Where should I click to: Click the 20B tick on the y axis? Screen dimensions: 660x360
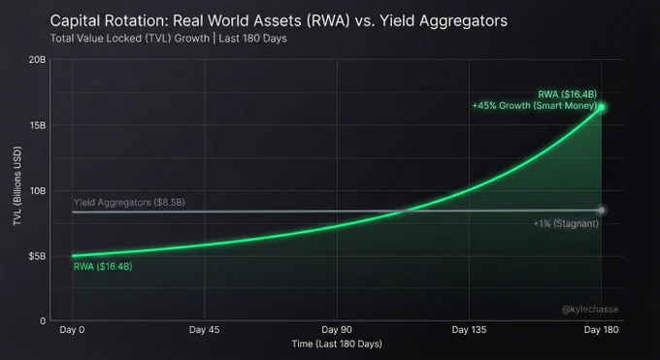coord(37,60)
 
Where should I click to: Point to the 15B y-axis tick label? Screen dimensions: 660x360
coord(38,126)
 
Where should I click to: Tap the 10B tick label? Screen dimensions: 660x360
coord(38,191)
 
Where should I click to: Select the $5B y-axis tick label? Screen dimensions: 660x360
coord(37,256)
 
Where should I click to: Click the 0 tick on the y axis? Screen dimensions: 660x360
coord(43,321)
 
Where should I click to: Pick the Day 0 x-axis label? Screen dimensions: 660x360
coord(72,330)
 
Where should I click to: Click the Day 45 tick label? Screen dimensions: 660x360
coord(204,330)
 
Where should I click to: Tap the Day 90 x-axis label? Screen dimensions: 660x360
coord(337,330)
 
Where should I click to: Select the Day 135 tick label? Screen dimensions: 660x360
coord(469,330)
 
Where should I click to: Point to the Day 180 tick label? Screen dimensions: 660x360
coord(601,330)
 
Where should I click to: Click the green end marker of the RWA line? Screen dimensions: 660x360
coord(602,108)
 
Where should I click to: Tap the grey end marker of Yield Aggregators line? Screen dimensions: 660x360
coord(602,211)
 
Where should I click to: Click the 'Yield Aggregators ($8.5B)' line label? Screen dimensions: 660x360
coord(129,203)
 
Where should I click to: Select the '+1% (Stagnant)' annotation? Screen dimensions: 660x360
coord(566,223)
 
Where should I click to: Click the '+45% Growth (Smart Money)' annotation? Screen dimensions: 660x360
coord(535,106)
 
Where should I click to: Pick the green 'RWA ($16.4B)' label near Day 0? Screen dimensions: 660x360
coord(103,267)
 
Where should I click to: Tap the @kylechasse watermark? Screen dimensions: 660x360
coord(590,310)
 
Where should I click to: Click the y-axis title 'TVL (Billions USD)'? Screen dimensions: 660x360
coord(17,185)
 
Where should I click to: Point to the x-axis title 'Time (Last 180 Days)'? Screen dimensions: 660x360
coord(337,344)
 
